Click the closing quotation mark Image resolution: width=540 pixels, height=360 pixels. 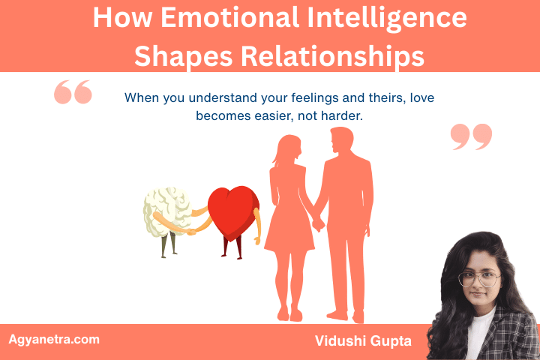tap(471, 136)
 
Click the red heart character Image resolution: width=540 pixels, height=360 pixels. tap(233, 210)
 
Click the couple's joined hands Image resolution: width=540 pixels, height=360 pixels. tap(318, 223)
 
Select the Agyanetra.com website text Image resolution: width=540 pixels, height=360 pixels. tap(53, 339)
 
